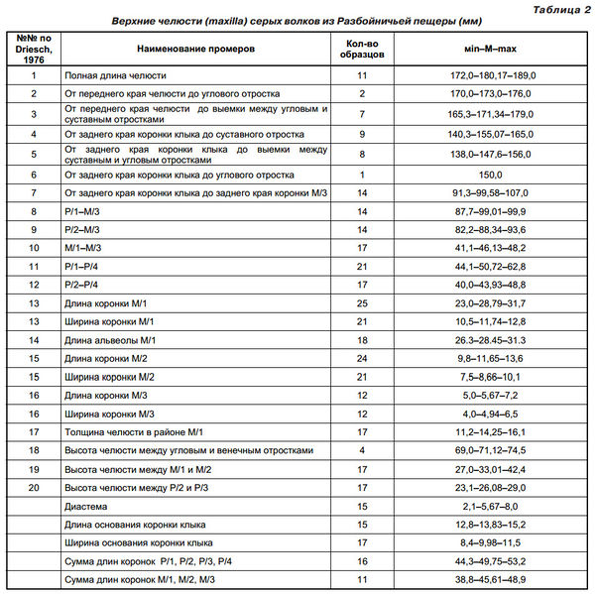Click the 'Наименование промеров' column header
tap(195, 47)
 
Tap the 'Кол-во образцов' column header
tap(362, 47)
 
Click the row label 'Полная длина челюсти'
tap(115, 74)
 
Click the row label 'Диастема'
tap(86, 505)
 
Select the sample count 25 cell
tap(362, 301)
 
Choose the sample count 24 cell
tap(362, 357)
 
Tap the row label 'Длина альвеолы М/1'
tap(111, 339)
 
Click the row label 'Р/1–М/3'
tap(82, 211)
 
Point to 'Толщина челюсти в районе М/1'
tap(133, 431)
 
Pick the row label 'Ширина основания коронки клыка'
tap(138, 541)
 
